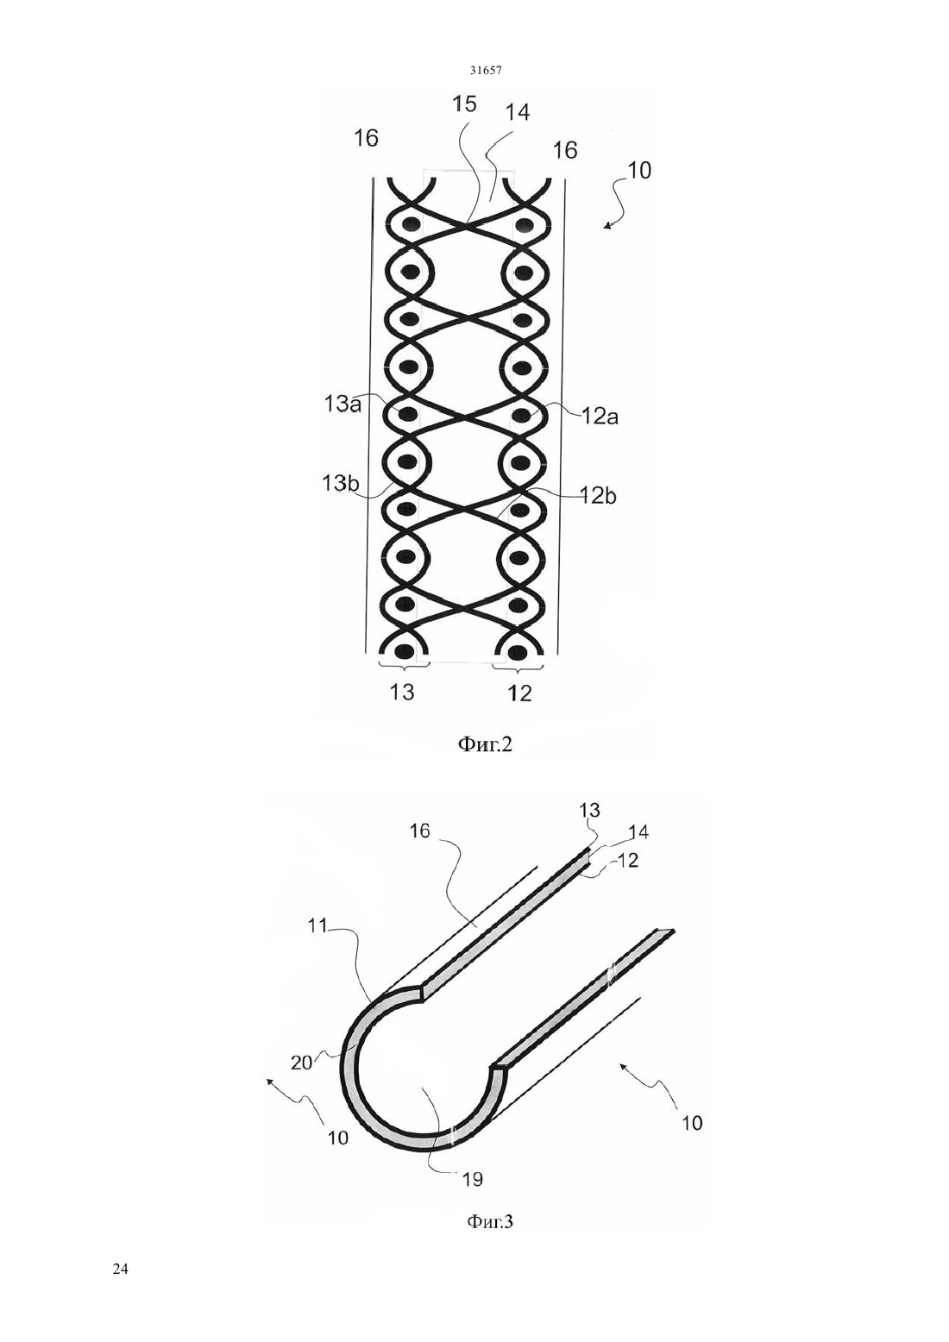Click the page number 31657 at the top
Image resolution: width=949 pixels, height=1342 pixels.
(x=485, y=71)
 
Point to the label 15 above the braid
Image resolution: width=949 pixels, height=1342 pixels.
(x=464, y=103)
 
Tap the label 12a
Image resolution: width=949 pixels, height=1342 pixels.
(x=599, y=416)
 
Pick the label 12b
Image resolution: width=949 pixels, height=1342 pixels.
(x=597, y=496)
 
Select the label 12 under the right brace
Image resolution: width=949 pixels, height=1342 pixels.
(x=519, y=693)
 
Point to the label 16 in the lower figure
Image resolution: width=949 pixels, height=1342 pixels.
(x=420, y=831)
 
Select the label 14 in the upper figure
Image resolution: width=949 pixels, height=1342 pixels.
(x=517, y=112)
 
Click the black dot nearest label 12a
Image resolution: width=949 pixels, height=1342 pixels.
(x=522, y=415)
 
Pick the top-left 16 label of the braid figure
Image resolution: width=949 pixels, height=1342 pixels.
(x=366, y=138)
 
